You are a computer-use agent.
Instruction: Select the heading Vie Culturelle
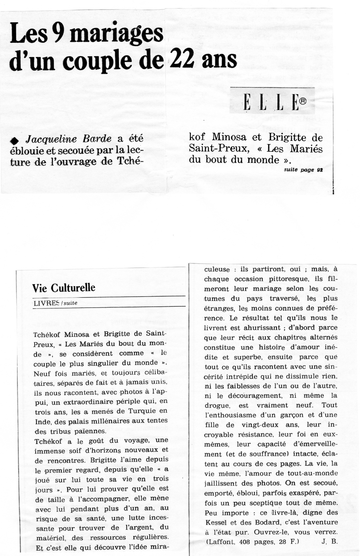pos(64,288)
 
